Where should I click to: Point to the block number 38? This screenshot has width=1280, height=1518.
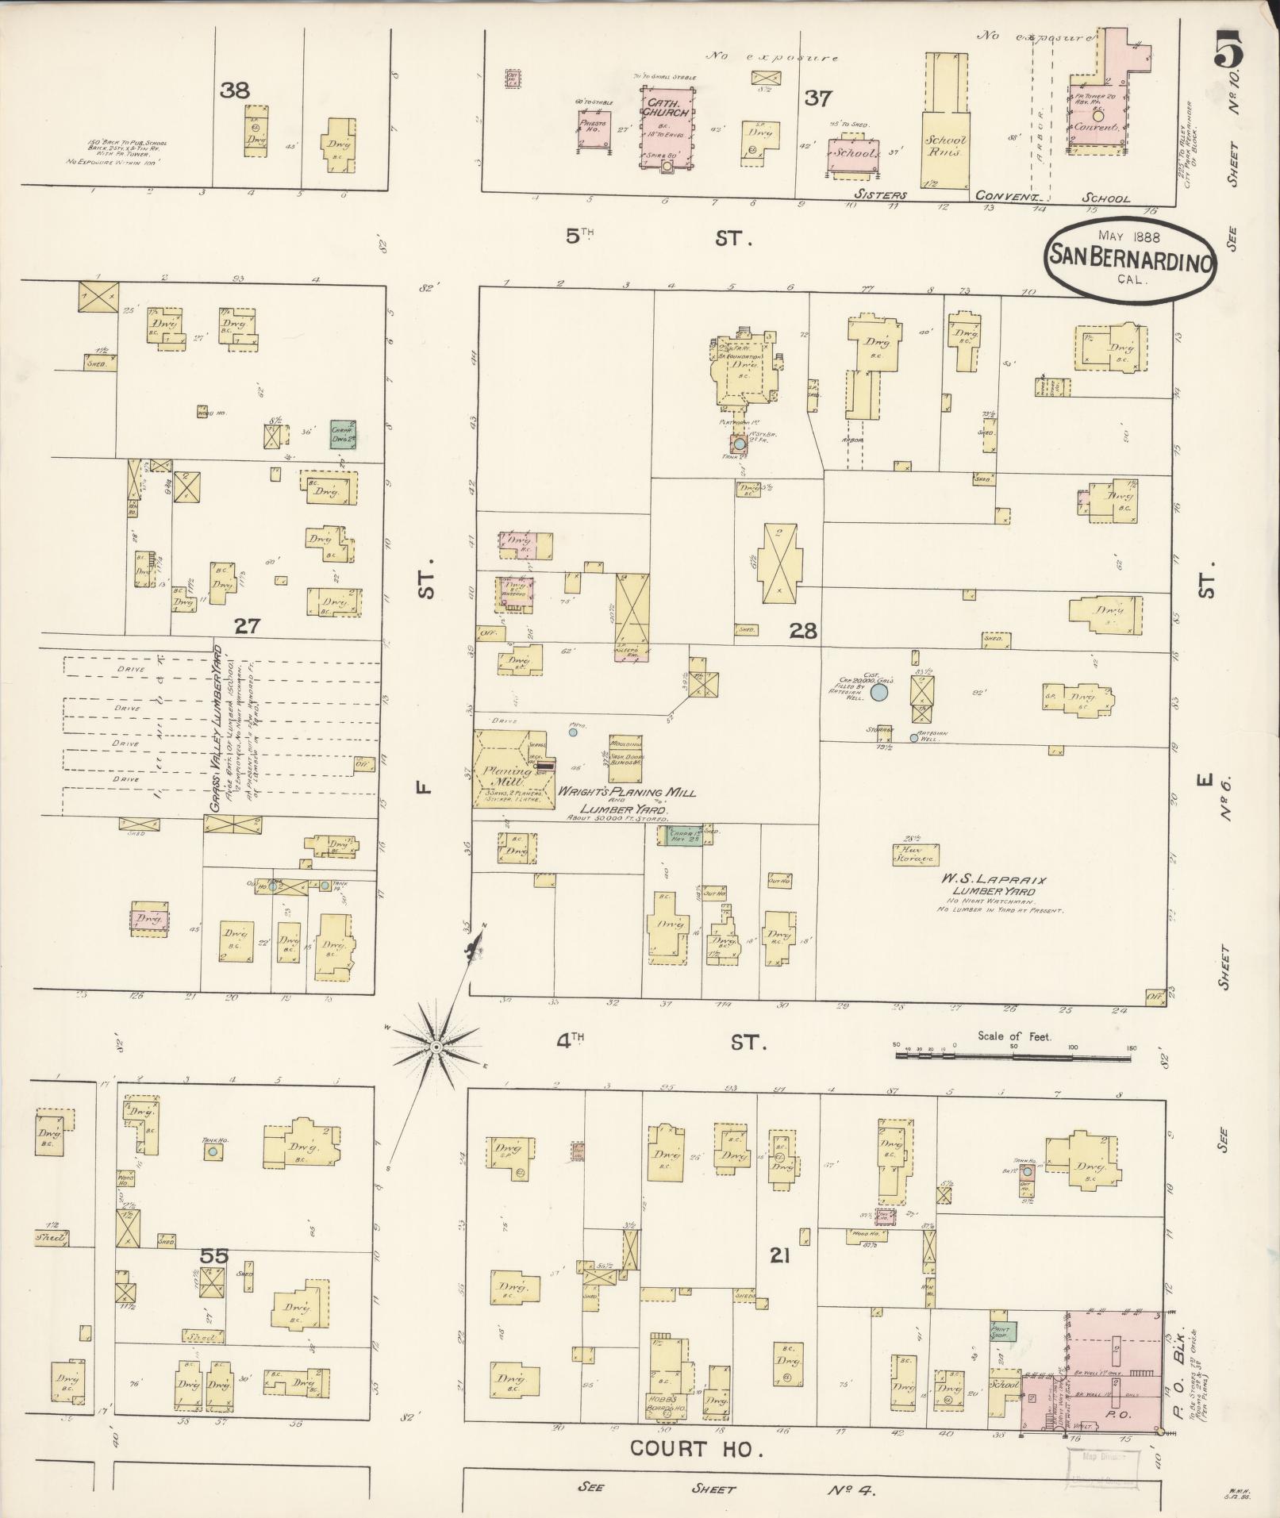(235, 90)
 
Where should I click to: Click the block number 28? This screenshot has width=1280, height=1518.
(801, 631)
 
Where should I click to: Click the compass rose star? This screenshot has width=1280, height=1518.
(436, 1047)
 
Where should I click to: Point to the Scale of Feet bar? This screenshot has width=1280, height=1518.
(1015, 1056)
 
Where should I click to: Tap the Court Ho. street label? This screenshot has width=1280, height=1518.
(696, 1449)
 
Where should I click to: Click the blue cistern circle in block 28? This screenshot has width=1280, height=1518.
(878, 692)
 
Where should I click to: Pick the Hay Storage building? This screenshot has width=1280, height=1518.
(915, 853)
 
